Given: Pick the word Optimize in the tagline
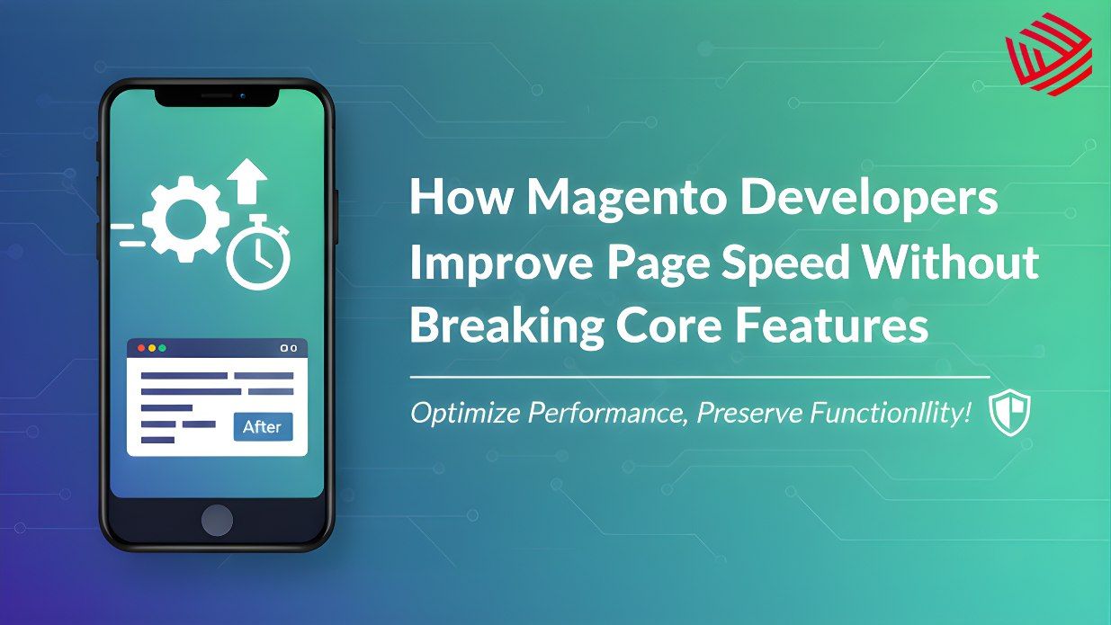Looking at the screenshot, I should (464, 415).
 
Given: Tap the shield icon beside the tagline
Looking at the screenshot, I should (1009, 415).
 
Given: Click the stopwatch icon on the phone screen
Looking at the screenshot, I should (259, 257).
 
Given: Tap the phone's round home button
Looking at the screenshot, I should (217, 520).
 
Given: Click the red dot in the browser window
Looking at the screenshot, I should (139, 347).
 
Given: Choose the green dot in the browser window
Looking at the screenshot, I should (162, 347).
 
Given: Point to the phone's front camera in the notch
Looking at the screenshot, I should (242, 94).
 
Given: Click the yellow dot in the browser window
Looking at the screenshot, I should (150, 347).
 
